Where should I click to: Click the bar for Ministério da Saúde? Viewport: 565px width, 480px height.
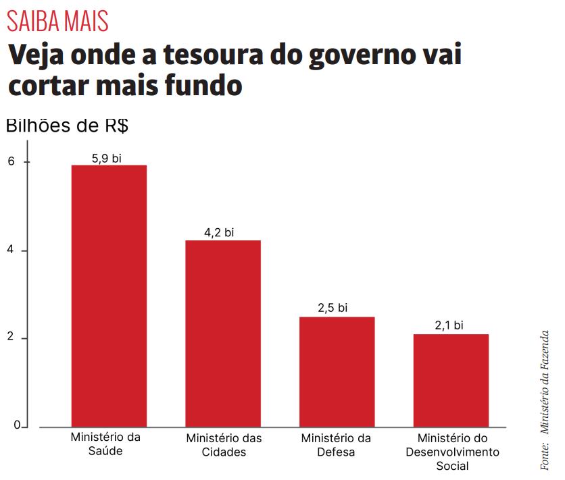point(109,296)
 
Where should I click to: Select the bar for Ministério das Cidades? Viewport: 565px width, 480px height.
point(223,334)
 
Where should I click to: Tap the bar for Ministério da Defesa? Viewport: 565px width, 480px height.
point(337,371)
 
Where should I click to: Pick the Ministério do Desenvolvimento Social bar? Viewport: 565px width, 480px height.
point(451,380)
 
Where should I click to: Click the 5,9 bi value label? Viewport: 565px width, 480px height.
point(107,159)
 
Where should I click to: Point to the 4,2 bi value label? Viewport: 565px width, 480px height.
point(219,233)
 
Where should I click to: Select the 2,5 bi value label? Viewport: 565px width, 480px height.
point(333,308)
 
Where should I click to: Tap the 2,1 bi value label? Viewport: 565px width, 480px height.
point(449,325)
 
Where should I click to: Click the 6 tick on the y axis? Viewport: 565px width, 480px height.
point(11,162)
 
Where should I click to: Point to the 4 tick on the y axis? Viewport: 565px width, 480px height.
point(11,250)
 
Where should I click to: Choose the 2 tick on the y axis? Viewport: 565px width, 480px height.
point(11,338)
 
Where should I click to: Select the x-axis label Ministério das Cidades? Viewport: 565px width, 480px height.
point(224,445)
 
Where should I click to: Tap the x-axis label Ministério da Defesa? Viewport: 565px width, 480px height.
point(336,445)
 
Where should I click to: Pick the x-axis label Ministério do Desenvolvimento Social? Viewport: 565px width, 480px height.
point(452,452)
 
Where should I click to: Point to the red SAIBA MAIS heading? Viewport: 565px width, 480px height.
point(57,22)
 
